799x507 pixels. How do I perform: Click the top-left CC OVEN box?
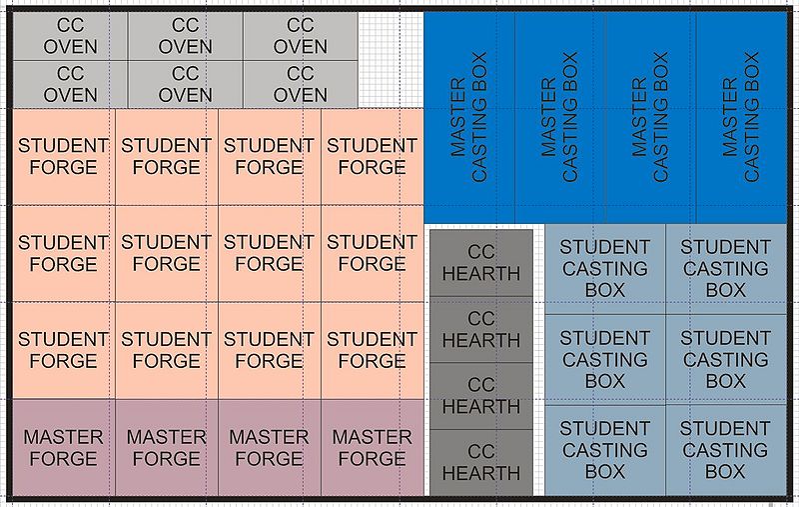click(x=70, y=36)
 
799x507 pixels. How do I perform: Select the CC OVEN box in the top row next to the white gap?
click(x=301, y=36)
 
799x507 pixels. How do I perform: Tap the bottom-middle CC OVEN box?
click(x=186, y=84)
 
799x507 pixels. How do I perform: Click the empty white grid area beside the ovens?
click(x=391, y=59)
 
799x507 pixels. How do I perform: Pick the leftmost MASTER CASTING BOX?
click(x=469, y=117)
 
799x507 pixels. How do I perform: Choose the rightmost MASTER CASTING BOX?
click(x=742, y=117)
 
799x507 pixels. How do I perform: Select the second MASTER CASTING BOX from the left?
click(x=560, y=117)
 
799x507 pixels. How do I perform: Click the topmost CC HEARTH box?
click(x=481, y=263)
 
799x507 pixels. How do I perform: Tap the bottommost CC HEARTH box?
click(x=481, y=462)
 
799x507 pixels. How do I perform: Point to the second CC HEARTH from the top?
click(x=481, y=329)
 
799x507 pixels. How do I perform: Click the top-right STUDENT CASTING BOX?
click(x=726, y=269)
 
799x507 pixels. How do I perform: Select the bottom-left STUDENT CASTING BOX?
click(x=605, y=450)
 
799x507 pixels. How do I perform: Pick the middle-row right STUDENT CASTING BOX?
click(x=726, y=360)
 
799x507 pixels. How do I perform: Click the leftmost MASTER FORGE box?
click(x=64, y=447)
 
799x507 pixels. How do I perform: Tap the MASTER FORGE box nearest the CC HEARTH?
click(x=373, y=447)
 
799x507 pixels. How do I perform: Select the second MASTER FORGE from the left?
click(x=167, y=447)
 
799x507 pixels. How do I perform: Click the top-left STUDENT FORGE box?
click(x=64, y=157)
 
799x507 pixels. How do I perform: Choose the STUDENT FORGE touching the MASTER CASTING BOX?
click(x=373, y=157)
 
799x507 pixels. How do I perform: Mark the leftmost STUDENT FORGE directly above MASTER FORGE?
click(x=64, y=350)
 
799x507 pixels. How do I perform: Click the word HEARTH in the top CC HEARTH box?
click(x=481, y=274)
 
